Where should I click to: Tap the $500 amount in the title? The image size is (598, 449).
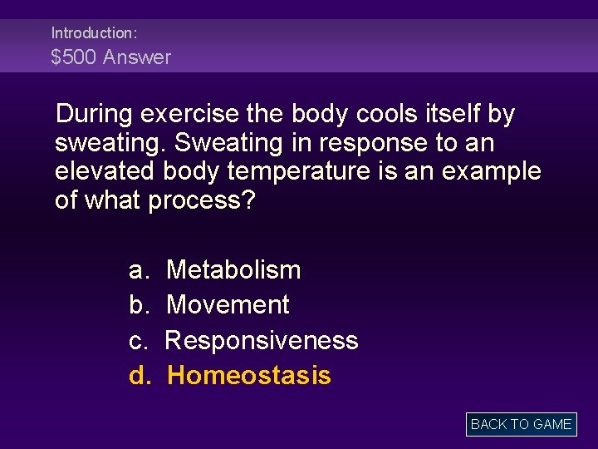[x=74, y=57]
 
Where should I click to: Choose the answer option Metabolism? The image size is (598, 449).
[x=233, y=269]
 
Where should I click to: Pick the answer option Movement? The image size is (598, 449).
[x=228, y=305]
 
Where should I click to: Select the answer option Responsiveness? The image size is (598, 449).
[x=262, y=340]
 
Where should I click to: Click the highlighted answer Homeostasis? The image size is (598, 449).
[x=248, y=376]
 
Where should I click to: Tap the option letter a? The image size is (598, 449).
[x=138, y=270]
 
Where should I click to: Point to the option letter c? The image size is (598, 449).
[x=138, y=341]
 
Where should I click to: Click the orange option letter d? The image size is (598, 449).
[x=139, y=376]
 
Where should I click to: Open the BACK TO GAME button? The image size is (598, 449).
[x=521, y=424]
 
